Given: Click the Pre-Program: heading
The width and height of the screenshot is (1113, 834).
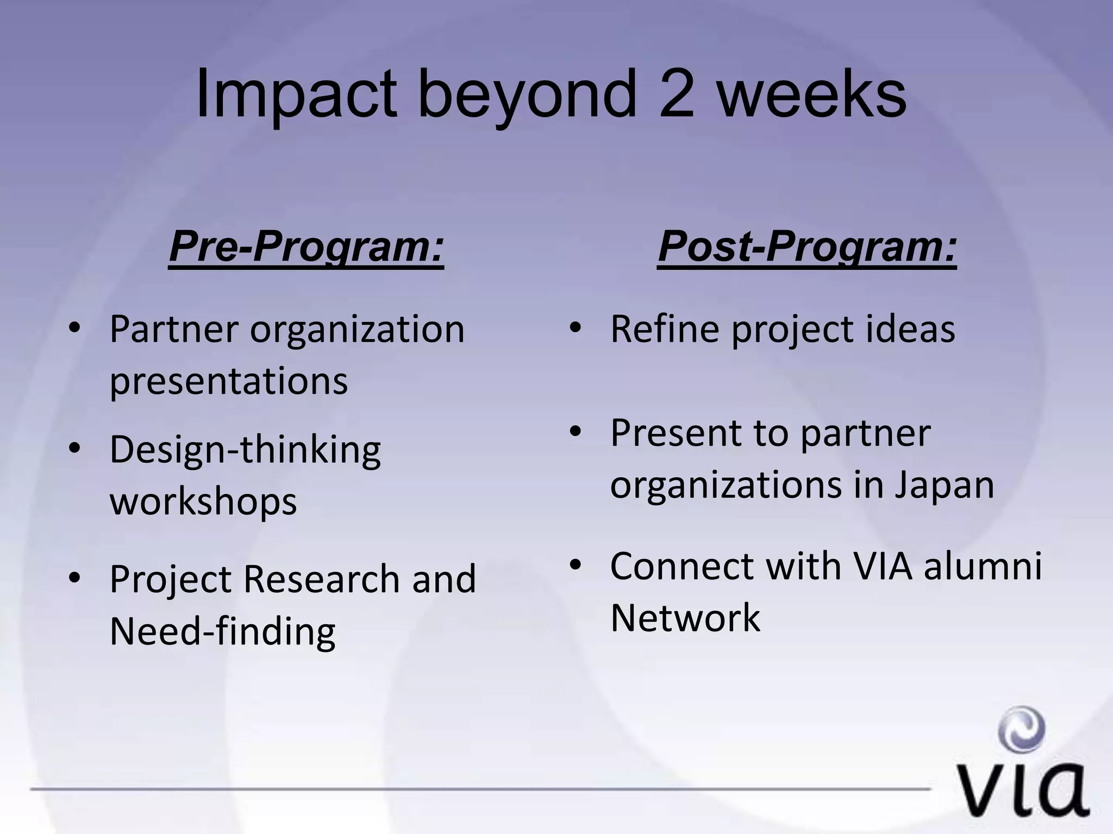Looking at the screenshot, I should [x=307, y=247].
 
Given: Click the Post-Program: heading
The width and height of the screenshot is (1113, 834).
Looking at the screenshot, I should [x=807, y=247].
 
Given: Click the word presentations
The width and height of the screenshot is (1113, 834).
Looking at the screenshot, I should [x=228, y=381].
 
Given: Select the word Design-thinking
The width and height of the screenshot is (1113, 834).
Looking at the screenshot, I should [x=245, y=451].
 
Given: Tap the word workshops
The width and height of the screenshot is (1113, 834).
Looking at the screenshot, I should [x=203, y=502].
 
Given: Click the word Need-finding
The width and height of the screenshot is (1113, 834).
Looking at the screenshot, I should [x=222, y=631].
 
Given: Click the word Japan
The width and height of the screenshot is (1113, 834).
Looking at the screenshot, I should [x=945, y=484].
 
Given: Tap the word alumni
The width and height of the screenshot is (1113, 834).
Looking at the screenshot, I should [x=983, y=566].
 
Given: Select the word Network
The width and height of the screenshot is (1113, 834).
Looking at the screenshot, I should [x=685, y=618].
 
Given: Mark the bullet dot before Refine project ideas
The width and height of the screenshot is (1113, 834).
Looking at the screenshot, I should [x=576, y=328].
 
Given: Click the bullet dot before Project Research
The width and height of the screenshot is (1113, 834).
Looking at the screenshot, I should [x=74, y=578].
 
